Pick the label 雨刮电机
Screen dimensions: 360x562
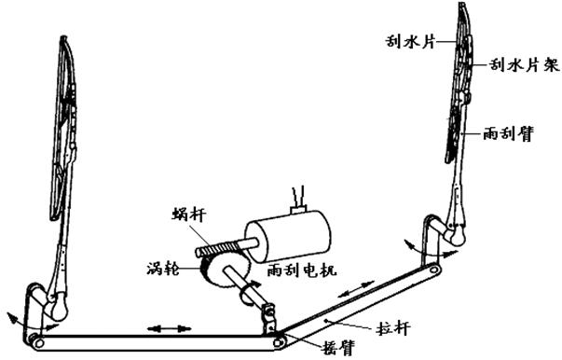pos(297,269)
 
